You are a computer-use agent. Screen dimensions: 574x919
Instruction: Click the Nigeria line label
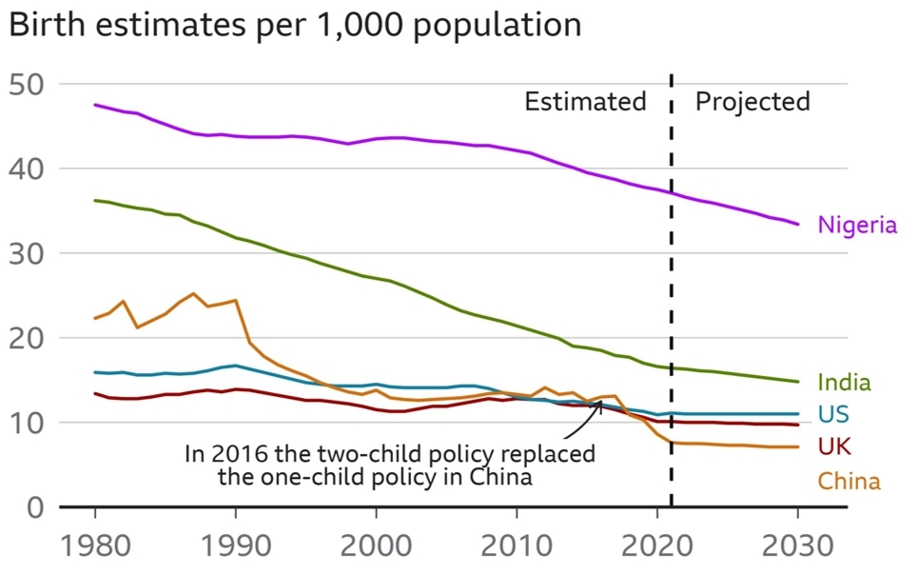[x=857, y=226]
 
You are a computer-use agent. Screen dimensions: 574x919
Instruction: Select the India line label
[x=844, y=383]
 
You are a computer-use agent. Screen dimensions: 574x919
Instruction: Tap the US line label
[x=833, y=414]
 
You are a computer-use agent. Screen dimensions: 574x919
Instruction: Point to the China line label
[x=850, y=482]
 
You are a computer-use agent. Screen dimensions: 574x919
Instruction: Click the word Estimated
[x=585, y=102]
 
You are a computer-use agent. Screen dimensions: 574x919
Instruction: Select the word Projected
[x=753, y=102]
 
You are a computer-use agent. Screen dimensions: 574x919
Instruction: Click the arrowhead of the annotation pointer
[x=599, y=405]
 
